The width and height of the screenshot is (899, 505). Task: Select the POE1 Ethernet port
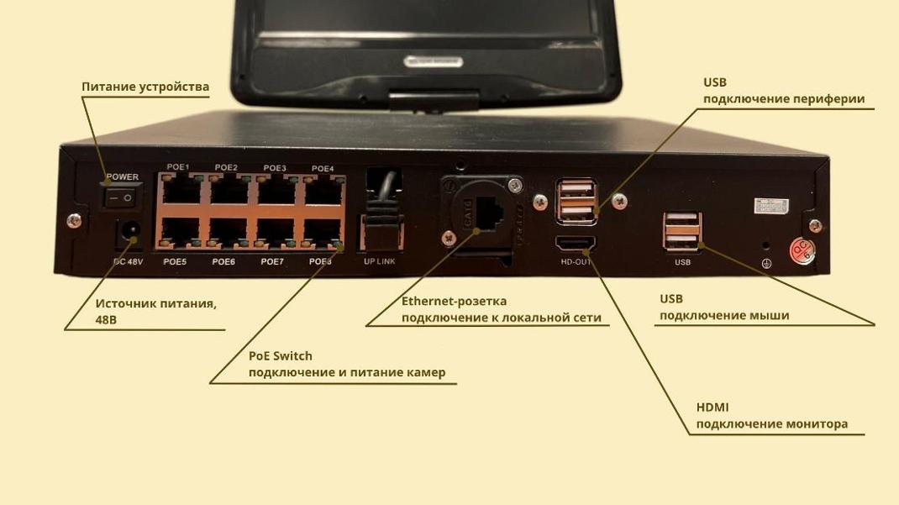179,191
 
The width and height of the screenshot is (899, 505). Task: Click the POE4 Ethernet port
323,191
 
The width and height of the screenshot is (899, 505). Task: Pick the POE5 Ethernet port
179,234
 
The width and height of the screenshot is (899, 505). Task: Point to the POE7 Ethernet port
275,234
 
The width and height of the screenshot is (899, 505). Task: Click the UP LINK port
380,234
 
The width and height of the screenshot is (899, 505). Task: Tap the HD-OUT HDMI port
576,244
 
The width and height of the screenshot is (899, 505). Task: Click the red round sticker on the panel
801,250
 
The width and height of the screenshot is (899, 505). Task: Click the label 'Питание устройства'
145,87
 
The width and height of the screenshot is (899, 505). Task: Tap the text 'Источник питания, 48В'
155,312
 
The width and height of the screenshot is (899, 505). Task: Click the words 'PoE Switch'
280,355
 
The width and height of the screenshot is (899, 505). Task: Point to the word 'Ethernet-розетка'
454,301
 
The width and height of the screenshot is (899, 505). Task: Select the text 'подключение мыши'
723,316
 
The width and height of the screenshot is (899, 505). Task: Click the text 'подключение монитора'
771,424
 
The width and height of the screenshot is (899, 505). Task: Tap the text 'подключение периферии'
783,99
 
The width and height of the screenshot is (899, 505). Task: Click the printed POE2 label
226,168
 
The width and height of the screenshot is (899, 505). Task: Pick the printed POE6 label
223,262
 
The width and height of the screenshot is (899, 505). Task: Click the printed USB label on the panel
682,262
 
